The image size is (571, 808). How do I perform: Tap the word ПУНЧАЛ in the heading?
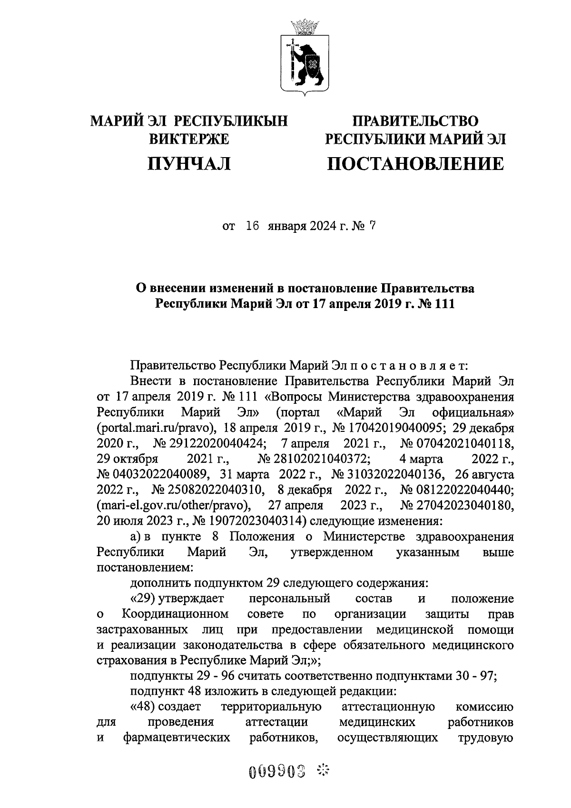[189, 164]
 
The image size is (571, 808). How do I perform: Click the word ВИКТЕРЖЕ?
[189, 139]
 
